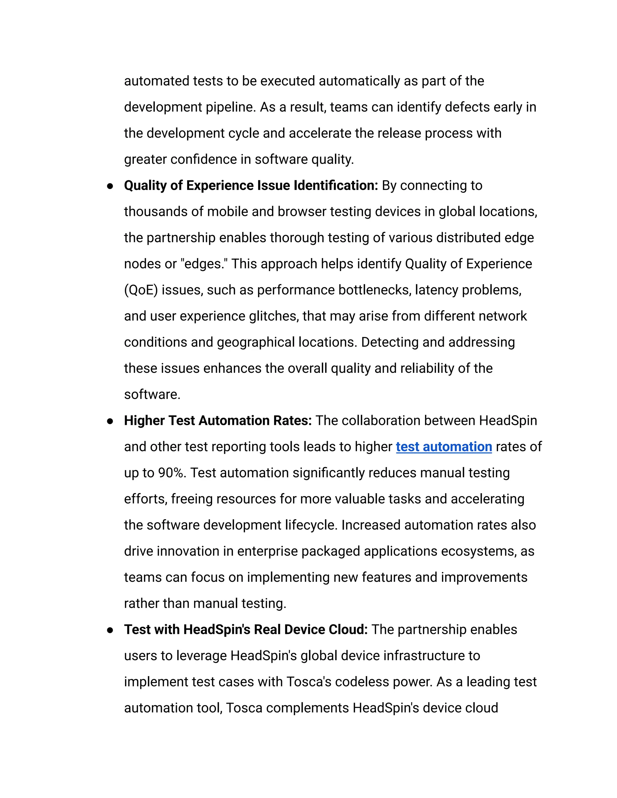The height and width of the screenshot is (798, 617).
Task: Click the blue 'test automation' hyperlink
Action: (x=444, y=447)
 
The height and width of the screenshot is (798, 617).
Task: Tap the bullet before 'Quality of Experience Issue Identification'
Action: (x=110, y=186)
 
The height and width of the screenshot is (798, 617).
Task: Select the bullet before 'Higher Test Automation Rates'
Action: (x=110, y=421)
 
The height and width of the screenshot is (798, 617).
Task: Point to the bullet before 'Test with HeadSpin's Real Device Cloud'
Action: (x=110, y=630)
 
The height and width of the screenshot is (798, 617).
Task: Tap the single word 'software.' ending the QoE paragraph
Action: (x=152, y=394)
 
